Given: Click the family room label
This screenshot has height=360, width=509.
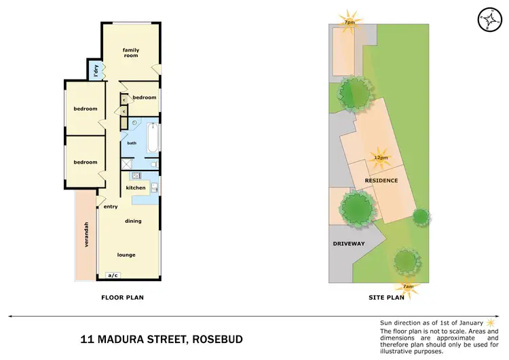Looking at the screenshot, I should [x=130, y=52].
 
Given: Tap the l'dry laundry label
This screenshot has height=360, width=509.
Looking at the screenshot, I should [x=96, y=69].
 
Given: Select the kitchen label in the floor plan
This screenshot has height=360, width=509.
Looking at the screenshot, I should [x=136, y=187].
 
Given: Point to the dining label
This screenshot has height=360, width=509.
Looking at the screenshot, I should [x=133, y=221].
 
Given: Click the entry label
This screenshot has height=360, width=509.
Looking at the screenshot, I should [x=111, y=206].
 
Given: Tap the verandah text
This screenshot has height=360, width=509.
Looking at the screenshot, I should [x=86, y=236].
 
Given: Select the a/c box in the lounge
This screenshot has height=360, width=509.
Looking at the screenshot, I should [x=113, y=275].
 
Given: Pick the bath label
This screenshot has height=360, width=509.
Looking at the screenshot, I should [x=132, y=143].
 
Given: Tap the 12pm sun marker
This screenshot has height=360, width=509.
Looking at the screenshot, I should [x=381, y=157].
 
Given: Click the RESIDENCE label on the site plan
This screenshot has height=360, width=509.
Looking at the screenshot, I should [x=381, y=180].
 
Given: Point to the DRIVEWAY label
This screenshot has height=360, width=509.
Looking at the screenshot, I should [x=349, y=243].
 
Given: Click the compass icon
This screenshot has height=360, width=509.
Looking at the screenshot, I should [x=488, y=19].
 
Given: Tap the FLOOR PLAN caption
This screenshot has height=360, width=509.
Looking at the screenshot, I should [x=122, y=297].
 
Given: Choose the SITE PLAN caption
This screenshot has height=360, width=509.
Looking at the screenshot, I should [x=385, y=297].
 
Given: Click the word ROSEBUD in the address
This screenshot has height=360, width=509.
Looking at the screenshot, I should [x=219, y=338].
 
